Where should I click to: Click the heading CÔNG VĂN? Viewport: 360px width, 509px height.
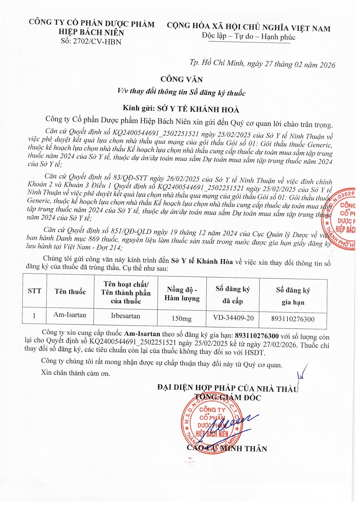pos(182,79)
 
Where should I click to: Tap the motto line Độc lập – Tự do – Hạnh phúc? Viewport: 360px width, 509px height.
pos(249,37)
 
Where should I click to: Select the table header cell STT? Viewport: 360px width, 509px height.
pos(35,291)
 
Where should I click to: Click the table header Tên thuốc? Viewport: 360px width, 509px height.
pos(70,291)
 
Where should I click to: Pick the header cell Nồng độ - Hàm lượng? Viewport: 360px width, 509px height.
pos(182,294)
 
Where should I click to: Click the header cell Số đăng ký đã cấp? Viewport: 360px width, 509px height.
pos(233,295)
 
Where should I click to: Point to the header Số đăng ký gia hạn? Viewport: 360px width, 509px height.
pos(293,296)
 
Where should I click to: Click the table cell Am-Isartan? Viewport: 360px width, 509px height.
pos(70,315)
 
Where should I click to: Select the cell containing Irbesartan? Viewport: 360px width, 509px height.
pos(125,316)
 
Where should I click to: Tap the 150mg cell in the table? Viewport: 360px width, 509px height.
pos(181,318)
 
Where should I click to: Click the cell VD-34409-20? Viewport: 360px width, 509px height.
pos(233,318)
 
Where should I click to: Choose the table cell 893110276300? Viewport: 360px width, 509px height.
pos(293,319)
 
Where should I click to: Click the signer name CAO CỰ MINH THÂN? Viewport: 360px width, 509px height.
pos(227,448)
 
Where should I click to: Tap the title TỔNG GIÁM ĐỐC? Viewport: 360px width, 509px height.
pos(228,397)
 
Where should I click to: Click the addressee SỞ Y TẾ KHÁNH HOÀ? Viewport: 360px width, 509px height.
pos(198,109)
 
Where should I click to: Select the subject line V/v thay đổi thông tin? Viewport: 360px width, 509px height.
pos(181,92)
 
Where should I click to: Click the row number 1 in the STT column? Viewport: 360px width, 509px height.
pos(34,315)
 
